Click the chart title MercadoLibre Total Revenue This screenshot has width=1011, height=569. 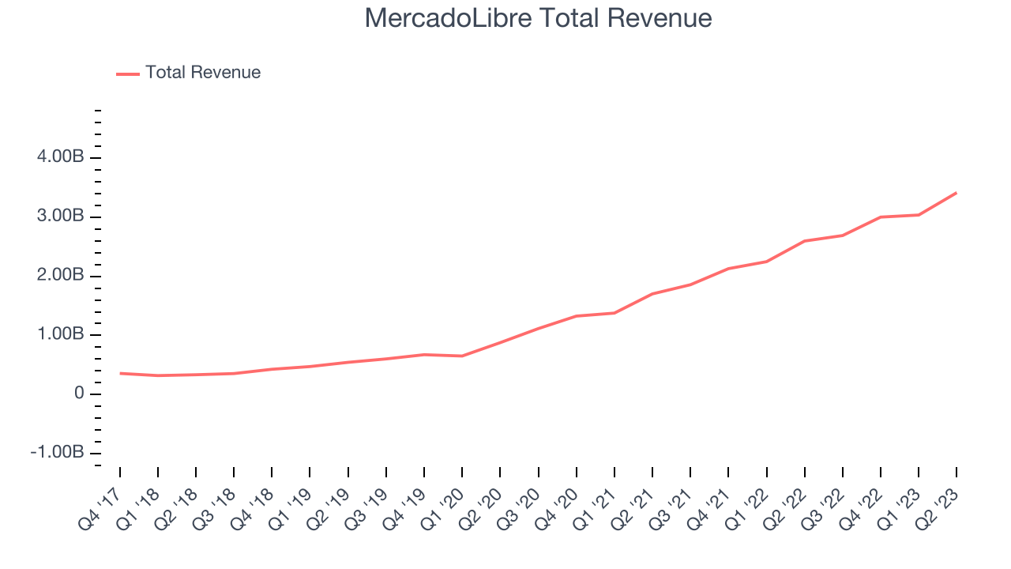(x=538, y=18)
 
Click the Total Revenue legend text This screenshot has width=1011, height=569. (x=203, y=73)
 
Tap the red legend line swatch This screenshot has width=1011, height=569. (x=128, y=73)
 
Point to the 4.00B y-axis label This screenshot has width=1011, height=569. (x=61, y=158)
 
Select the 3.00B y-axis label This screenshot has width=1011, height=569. (x=61, y=217)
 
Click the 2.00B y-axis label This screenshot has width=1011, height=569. (x=61, y=276)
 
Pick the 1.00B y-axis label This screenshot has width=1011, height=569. (x=61, y=335)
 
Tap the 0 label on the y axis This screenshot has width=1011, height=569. (x=78, y=394)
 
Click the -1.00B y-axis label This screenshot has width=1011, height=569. (x=58, y=453)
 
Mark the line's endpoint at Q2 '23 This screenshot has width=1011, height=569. (x=957, y=193)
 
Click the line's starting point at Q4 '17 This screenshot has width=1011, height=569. (x=120, y=373)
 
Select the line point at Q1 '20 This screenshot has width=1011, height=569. (x=462, y=356)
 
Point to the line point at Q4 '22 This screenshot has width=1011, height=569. (x=881, y=217)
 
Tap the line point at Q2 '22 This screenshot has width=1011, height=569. (x=804, y=241)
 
